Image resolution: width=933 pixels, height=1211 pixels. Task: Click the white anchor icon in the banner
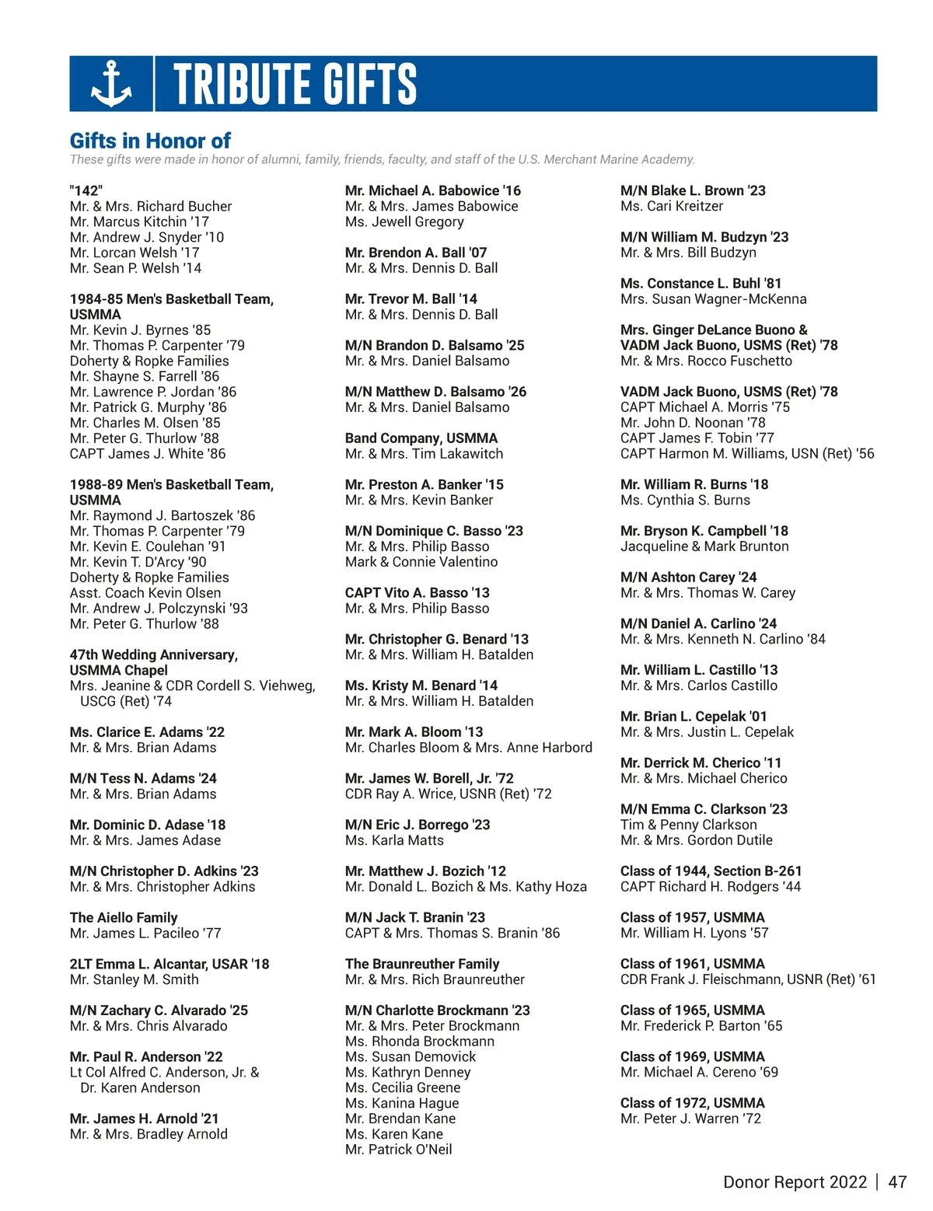(111, 83)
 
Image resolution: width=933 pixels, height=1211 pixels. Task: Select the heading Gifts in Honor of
(150, 141)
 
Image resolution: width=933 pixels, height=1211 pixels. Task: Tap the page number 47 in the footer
(897, 1182)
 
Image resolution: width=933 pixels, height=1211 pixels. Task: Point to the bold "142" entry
(86, 190)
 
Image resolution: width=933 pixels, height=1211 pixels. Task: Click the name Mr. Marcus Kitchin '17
(139, 222)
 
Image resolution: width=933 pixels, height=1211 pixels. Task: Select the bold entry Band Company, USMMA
(421, 438)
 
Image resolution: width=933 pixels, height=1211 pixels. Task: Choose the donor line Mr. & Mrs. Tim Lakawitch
(424, 454)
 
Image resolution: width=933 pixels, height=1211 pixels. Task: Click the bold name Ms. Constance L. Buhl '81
(701, 284)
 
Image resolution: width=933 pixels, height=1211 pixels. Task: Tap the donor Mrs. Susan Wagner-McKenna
(713, 299)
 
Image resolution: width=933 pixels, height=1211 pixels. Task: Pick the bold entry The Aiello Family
(124, 918)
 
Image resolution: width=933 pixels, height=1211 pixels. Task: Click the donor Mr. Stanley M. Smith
(134, 979)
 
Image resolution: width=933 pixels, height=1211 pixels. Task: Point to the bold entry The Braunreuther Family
(422, 964)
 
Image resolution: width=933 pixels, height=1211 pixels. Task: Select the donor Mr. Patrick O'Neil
(398, 1150)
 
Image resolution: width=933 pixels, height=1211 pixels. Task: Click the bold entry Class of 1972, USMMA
(692, 1103)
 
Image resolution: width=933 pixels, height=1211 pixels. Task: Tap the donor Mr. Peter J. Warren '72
(690, 1119)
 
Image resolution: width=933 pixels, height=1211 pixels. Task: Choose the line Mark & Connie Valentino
(421, 562)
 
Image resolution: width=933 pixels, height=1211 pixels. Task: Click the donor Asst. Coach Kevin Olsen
(145, 593)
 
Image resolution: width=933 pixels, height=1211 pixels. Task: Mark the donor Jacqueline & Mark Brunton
(704, 546)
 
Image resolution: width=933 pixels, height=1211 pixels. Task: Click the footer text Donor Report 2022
(795, 1182)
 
